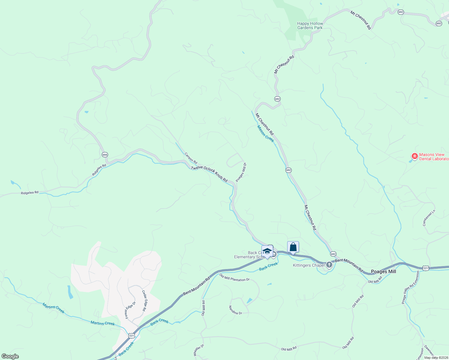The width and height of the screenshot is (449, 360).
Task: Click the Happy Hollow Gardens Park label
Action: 310,25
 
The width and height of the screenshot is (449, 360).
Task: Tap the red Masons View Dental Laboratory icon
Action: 414,156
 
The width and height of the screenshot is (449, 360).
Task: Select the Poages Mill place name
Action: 383,271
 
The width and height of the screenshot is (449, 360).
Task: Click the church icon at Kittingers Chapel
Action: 329,265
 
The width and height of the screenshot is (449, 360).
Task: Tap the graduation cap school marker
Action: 267,251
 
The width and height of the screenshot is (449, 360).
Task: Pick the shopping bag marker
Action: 293,247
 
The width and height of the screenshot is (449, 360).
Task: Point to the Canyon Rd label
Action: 191,158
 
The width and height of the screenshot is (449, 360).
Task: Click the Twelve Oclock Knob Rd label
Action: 209,174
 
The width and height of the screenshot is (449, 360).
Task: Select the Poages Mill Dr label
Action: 241,172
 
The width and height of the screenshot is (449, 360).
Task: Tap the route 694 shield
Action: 104,155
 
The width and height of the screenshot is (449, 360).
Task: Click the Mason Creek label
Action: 265,134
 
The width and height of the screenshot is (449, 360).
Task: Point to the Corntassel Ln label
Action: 429,218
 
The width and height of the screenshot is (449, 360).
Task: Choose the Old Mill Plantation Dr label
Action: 234,277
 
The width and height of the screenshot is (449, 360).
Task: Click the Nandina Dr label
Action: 235,310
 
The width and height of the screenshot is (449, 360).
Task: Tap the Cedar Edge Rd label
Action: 144,301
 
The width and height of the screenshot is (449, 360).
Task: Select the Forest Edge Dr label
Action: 130,310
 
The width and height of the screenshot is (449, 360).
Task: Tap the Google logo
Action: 10,356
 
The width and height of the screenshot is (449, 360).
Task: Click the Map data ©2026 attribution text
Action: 436,358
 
